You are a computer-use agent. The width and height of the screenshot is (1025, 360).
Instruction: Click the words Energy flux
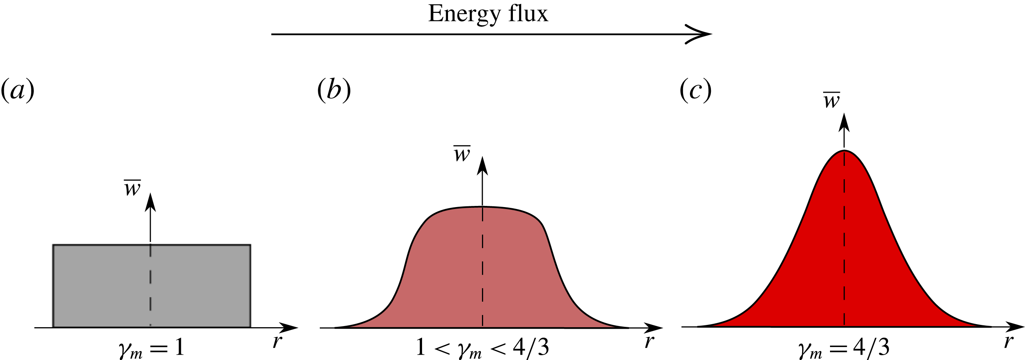pos(488,14)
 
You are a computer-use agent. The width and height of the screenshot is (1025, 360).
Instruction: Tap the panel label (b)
pos(334,90)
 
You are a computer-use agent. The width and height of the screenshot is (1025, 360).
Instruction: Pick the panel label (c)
pos(696,90)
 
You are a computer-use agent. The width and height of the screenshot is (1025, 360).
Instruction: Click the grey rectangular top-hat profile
pos(100,286)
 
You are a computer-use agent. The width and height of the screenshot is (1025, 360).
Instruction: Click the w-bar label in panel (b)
pos(462,154)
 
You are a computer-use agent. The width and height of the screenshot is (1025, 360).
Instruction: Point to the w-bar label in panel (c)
pos(831,101)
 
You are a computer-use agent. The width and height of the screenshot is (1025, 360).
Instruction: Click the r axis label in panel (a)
pos(277,341)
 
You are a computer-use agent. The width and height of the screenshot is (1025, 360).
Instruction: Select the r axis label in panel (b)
pos(649,341)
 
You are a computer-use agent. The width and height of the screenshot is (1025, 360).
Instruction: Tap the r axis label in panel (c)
pos(1007,341)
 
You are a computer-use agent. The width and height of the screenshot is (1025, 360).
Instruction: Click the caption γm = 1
pos(151,349)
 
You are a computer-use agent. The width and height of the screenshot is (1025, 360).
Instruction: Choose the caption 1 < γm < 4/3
pos(482,348)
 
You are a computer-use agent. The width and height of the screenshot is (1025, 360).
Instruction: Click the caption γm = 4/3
pos(844,349)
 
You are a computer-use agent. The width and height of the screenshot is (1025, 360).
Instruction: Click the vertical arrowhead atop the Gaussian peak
pos(844,122)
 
